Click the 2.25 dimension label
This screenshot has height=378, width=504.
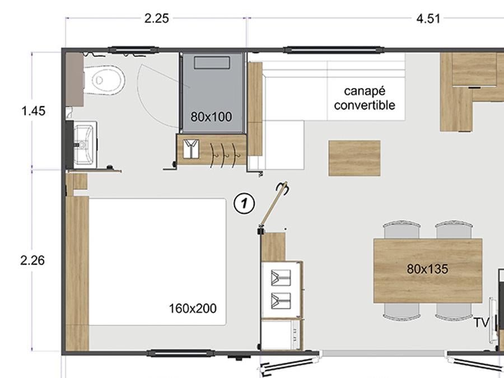156,18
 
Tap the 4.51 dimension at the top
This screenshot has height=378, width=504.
428,18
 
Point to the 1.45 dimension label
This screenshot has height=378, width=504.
33,111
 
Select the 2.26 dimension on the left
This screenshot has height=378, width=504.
32,260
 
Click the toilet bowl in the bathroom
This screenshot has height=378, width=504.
104,80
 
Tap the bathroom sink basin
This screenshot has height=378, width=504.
84,144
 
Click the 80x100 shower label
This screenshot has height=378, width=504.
211,116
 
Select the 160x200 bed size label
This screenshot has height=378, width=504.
193,309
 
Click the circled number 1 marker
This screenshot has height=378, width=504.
244,203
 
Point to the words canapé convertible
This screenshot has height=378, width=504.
365,98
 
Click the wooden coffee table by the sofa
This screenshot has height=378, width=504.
354,158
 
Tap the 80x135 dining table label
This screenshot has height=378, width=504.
427,269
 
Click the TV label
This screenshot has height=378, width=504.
481,323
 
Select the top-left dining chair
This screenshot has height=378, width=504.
402,230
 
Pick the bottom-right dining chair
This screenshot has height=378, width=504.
454,311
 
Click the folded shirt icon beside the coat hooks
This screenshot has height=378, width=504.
192,149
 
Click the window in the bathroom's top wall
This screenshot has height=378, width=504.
133,50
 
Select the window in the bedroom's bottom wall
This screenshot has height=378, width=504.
180,353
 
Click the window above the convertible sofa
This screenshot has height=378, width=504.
333,50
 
